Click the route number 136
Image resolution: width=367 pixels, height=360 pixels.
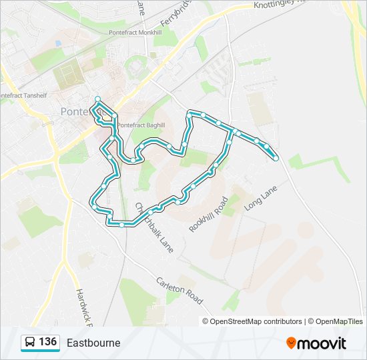pos(47,342)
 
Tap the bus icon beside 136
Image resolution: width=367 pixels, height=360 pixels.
pos(30,343)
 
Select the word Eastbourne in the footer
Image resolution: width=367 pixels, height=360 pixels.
pos(93,343)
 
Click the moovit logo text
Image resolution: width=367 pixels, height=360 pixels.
pos(322,343)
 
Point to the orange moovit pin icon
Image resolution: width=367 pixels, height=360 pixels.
pos(292,343)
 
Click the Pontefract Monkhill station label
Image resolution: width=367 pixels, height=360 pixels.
pos(135,32)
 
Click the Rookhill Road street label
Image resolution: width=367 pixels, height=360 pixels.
pos(209,214)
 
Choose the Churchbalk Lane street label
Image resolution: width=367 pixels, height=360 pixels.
pos(155,227)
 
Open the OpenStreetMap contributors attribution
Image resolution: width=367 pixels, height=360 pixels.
pos(256,321)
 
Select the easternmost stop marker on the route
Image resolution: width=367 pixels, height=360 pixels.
pos(276,158)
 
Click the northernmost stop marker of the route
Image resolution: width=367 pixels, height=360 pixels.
pos(98,99)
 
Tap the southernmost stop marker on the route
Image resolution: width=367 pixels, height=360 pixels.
pos(121,225)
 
